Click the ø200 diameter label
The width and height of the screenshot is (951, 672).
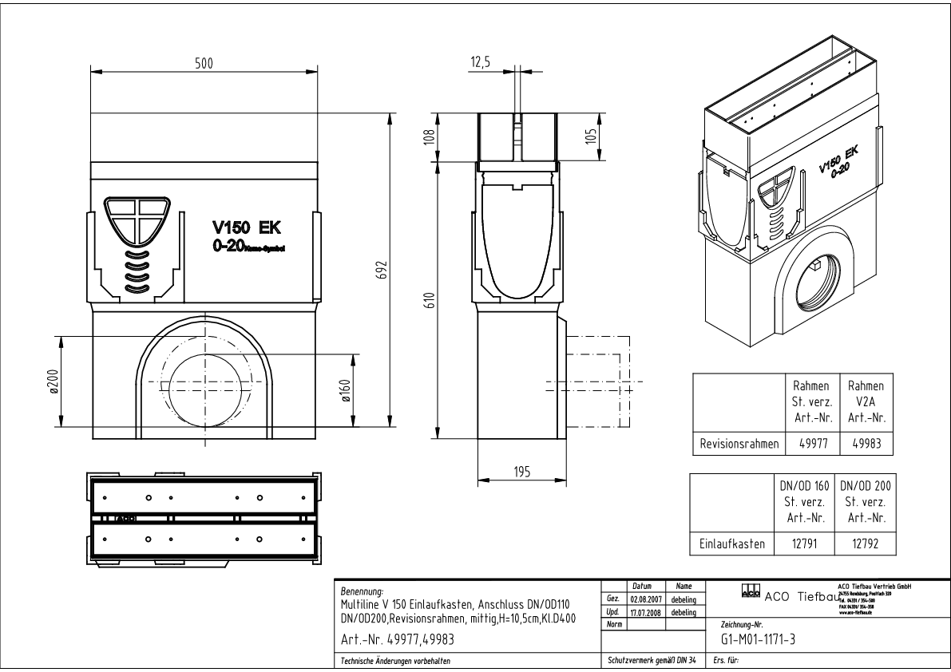click(52, 382)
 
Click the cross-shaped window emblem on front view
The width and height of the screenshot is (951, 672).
click(137, 219)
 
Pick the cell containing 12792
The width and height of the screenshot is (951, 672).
click(865, 544)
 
